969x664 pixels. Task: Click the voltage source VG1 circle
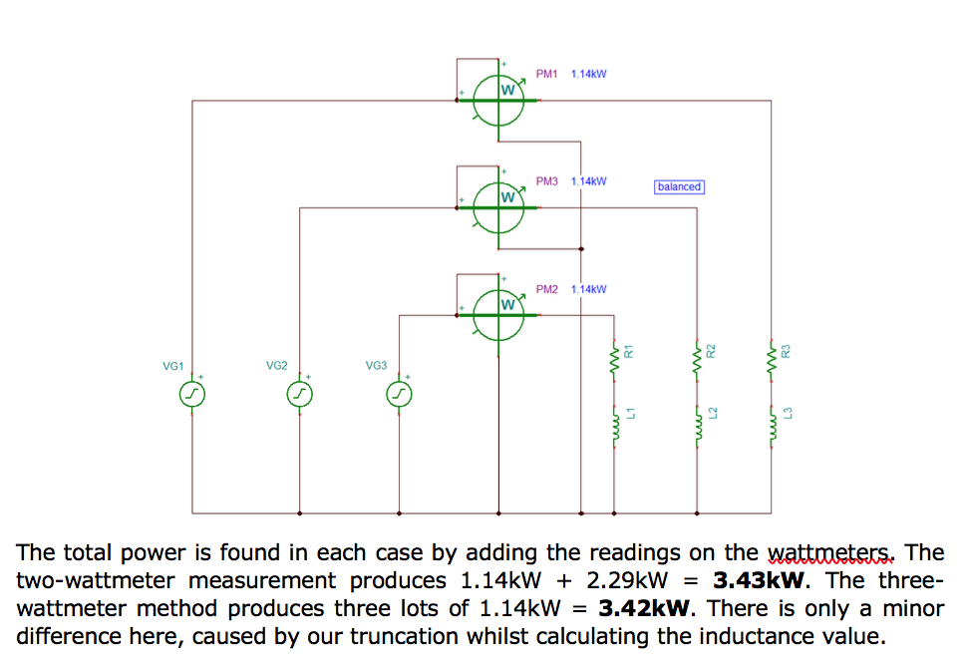click(x=191, y=396)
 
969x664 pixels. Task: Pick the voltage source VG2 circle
click(x=299, y=396)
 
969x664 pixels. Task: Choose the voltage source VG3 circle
click(x=399, y=396)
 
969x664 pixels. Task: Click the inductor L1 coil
click(x=614, y=426)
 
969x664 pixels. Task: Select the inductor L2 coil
click(x=696, y=426)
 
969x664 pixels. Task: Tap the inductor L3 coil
click(x=772, y=426)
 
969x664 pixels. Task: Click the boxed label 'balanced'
click(x=679, y=186)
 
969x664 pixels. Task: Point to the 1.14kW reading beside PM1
click(x=588, y=74)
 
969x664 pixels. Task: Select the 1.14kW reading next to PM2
click(x=588, y=289)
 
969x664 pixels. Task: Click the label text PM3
click(x=546, y=181)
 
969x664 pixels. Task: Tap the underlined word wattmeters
click(x=832, y=552)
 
